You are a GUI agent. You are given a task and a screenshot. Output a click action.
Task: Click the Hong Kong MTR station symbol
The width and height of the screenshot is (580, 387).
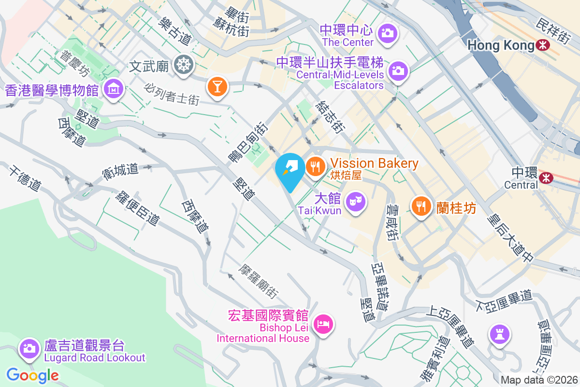click(543, 45)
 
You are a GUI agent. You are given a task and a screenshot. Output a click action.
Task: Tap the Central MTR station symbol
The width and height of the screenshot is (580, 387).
click(546, 178)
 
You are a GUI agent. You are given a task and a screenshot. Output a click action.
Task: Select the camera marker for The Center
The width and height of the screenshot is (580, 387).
click(387, 33)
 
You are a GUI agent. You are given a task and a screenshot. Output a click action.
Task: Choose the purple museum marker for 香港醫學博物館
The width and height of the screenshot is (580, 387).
click(113, 89)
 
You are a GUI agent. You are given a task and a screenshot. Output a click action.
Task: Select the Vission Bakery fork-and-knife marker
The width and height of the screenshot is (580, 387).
click(315, 167)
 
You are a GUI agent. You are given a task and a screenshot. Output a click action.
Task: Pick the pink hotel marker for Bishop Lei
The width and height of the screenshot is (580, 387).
click(322, 324)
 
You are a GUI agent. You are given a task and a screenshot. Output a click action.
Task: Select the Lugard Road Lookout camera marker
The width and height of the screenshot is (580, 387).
click(29, 347)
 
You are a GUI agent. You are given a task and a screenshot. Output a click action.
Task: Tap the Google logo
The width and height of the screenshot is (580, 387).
click(32, 375)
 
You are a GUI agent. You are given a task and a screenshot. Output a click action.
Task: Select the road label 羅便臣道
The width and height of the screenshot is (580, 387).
click(138, 208)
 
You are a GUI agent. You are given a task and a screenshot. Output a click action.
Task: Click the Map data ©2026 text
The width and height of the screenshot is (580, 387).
click(539, 380)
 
